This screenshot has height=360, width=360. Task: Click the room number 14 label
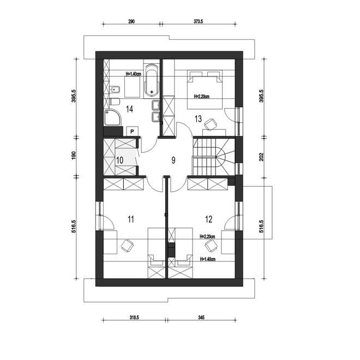click(x=130, y=109)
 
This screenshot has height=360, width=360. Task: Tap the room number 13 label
click(x=198, y=119)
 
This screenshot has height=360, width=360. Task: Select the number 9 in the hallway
click(x=173, y=160)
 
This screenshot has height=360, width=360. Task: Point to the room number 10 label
click(x=120, y=160)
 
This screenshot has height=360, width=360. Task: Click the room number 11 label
click(x=130, y=219)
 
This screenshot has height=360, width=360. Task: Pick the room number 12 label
click(x=208, y=219)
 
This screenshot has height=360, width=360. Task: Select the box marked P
click(x=132, y=131)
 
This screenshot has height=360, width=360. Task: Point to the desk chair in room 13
click(x=208, y=127)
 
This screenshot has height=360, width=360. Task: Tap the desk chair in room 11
click(x=127, y=245)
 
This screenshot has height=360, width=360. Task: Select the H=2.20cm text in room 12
click(x=209, y=237)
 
